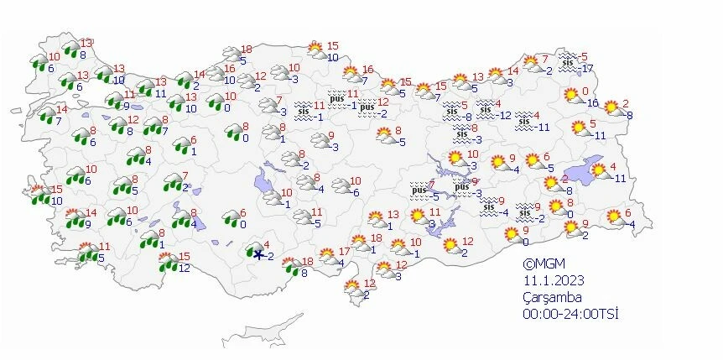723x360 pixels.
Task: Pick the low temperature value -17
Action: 587,68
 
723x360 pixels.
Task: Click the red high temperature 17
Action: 345,252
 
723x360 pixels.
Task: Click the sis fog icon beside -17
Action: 568,61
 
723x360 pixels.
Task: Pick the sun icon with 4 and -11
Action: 601,171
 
